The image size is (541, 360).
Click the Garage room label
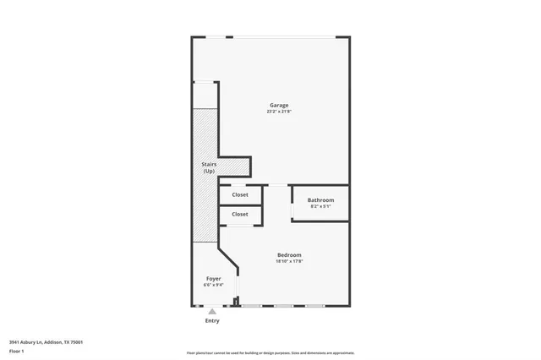(279, 106)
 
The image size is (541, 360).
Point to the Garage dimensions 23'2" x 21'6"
(279, 112)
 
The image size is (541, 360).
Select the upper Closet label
(239, 194)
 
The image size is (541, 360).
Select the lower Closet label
(239, 214)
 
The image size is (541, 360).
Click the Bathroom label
(320, 200)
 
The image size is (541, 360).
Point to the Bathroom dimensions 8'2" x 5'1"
(320, 206)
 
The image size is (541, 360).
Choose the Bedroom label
(289, 255)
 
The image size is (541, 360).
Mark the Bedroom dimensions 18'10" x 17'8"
(289, 261)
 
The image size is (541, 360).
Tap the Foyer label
(214, 278)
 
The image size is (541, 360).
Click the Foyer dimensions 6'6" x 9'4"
(214, 285)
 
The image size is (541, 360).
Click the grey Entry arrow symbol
(212, 311)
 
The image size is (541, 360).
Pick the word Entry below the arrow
(212, 320)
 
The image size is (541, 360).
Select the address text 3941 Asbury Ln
(25, 342)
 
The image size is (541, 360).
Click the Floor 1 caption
(16, 350)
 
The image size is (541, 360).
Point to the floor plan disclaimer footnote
(270, 352)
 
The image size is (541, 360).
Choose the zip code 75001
(77, 342)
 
